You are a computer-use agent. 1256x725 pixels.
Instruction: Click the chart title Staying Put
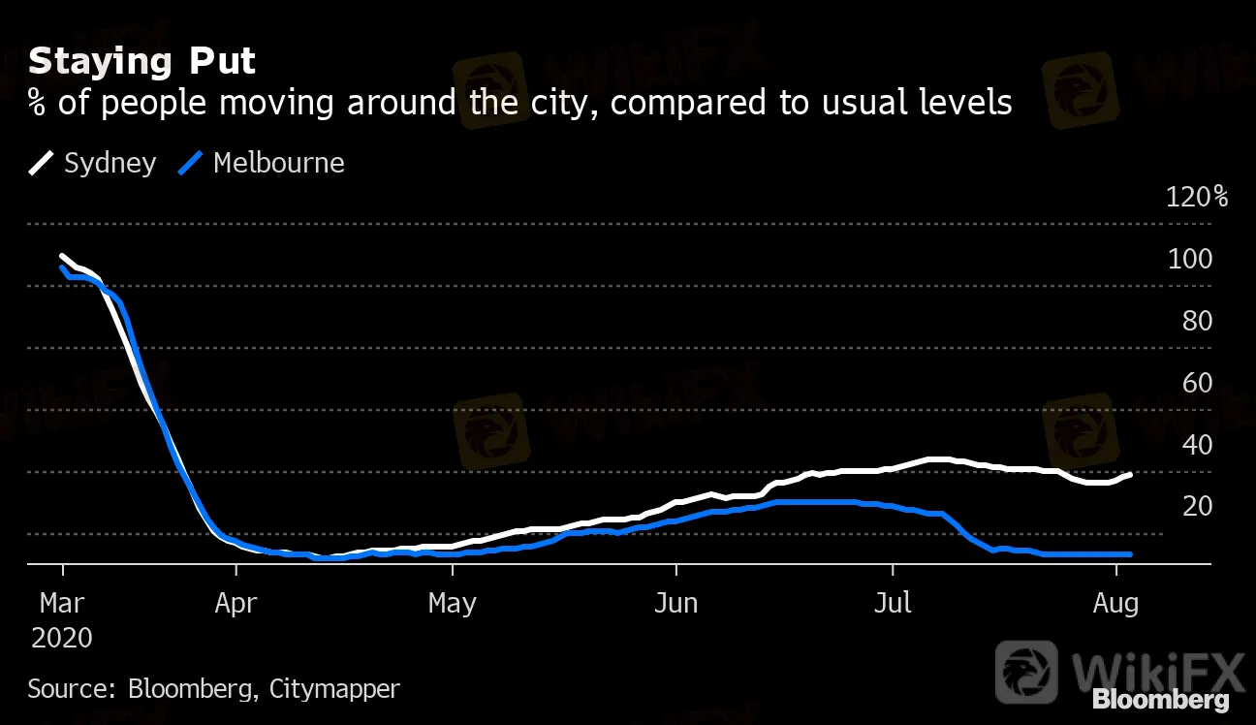coord(141,61)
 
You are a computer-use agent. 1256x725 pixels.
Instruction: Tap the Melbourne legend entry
coord(262,163)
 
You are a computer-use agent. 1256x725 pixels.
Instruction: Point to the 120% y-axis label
coord(1197,198)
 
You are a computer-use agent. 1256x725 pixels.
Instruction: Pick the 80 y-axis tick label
coord(1197,321)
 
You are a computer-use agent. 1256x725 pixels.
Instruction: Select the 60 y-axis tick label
coord(1197,383)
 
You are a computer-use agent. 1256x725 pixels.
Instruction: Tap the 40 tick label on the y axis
coord(1197,445)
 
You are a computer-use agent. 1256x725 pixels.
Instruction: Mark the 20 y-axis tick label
coord(1197,506)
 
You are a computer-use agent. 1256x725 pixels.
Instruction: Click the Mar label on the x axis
coord(62,604)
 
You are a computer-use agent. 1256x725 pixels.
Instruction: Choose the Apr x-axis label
coord(236,604)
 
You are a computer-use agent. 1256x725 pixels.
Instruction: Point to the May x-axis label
coord(453,604)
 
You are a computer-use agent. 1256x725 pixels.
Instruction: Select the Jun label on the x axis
coord(675,604)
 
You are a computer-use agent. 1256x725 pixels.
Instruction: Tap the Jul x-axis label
coord(893,604)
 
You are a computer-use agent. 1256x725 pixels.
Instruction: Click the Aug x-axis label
coord(1115,604)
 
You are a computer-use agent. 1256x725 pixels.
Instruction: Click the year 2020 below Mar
coord(62,638)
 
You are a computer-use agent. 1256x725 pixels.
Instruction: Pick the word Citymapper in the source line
coord(334,689)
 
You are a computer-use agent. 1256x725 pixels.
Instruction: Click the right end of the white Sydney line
coord(1130,474)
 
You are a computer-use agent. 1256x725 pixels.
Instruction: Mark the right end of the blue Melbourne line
coord(1130,554)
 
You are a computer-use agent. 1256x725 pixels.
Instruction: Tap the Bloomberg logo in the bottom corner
coord(1160,700)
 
